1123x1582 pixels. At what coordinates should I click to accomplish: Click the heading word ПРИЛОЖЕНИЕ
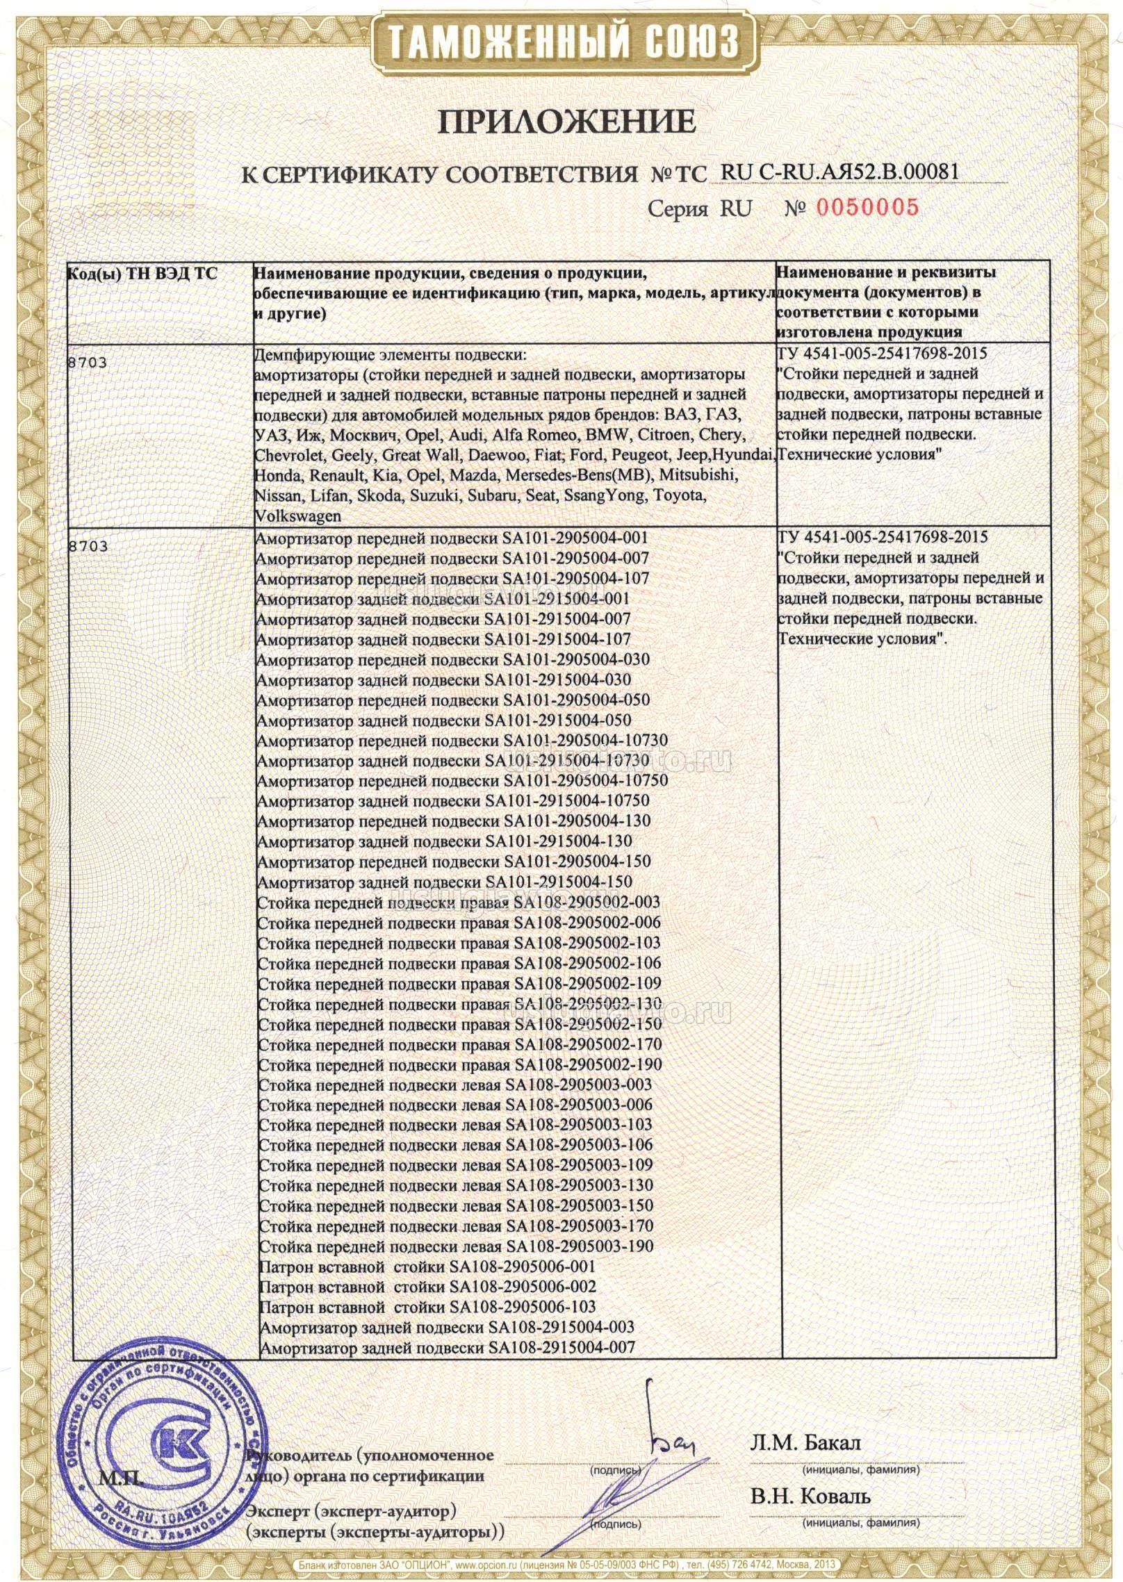(566, 122)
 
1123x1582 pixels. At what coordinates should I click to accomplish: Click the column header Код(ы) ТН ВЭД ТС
(142, 274)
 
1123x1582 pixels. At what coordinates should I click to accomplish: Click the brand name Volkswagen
(299, 516)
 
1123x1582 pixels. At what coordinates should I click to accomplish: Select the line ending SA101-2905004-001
(452, 538)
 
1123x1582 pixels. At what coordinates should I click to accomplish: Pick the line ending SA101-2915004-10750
(453, 800)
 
